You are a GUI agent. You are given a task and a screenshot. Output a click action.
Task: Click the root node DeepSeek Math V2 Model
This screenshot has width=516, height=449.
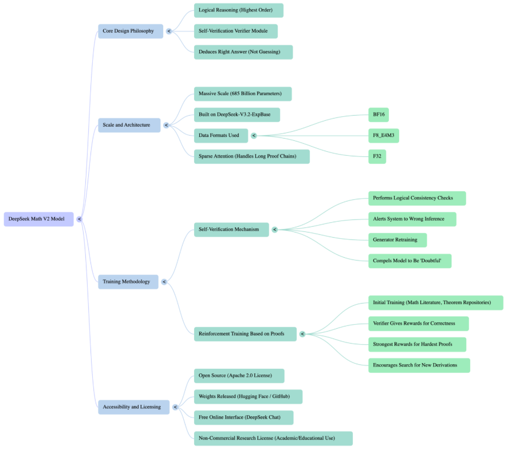(38, 219)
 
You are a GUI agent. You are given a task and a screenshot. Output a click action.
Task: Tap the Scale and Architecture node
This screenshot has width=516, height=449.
(129, 125)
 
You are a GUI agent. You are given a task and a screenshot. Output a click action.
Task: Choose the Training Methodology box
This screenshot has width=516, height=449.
(128, 282)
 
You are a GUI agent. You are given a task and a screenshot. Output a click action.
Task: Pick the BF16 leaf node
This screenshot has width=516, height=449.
(379, 115)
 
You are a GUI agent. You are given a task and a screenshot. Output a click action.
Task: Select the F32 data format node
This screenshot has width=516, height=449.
(377, 156)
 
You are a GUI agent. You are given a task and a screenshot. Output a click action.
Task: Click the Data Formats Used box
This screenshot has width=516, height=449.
(220, 136)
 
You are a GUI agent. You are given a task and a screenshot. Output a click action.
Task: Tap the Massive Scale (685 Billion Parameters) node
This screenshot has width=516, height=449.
(242, 94)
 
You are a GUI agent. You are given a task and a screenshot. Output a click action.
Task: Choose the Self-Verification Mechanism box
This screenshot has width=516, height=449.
(231, 230)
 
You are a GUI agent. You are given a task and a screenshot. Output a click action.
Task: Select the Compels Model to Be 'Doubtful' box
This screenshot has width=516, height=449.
(409, 261)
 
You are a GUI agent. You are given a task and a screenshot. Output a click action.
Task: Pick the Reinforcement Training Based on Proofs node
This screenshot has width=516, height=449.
(245, 334)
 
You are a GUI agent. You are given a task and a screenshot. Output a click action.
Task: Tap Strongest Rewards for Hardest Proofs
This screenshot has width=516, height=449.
(417, 344)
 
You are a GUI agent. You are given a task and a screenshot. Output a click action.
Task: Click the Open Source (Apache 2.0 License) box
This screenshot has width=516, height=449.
(239, 376)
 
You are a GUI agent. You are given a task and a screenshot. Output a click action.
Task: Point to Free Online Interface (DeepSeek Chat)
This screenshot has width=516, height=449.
(243, 418)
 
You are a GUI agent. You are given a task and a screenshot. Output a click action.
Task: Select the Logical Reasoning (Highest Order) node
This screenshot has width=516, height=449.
(238, 10)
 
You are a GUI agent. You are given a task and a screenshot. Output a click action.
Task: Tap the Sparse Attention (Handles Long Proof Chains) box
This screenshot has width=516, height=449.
(251, 156)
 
